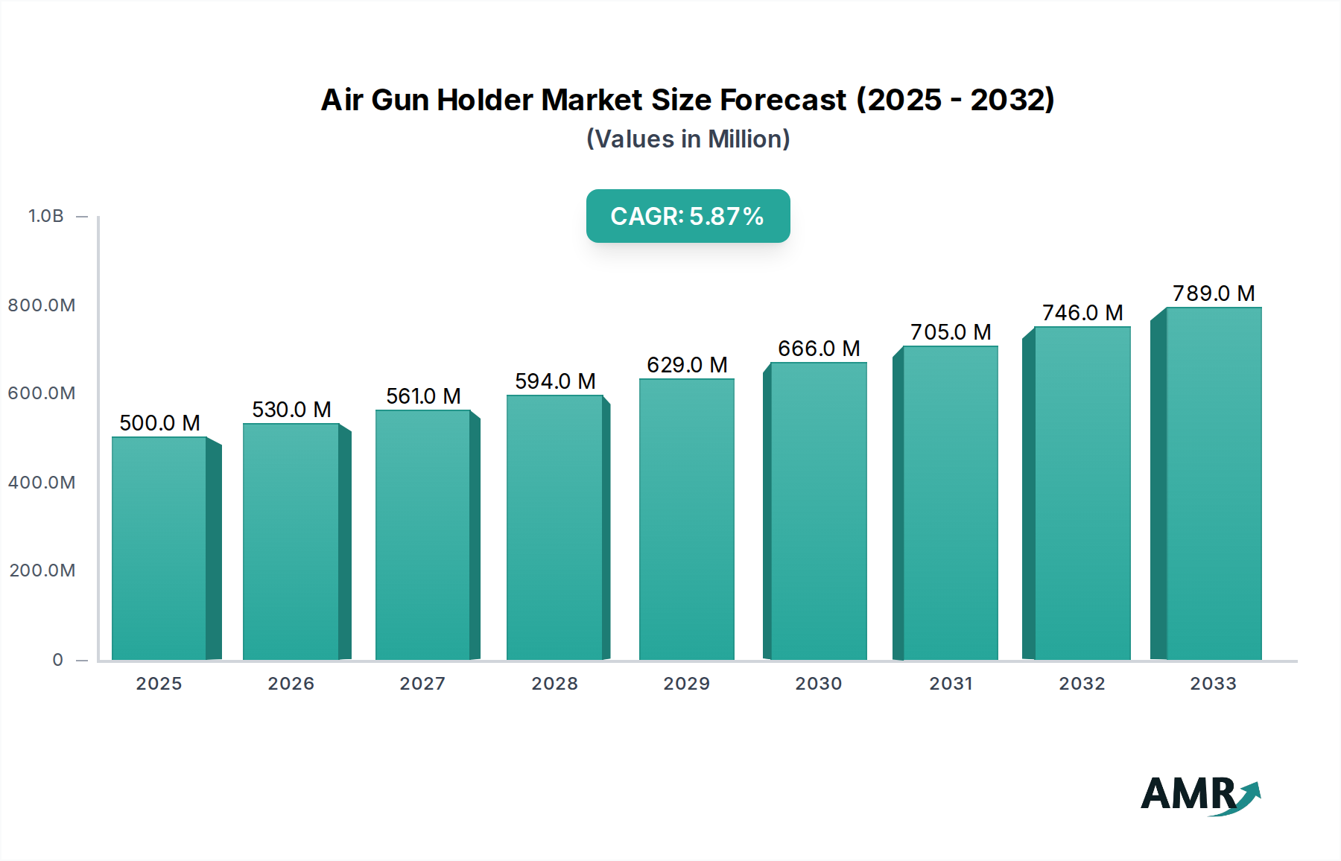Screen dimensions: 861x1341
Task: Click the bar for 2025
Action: (159, 548)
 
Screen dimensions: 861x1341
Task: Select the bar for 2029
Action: (686, 519)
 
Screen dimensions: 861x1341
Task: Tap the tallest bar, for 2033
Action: (1214, 483)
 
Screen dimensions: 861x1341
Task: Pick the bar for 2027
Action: (422, 535)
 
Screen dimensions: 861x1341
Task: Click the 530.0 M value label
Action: (291, 410)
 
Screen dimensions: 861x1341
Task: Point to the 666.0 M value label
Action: (819, 349)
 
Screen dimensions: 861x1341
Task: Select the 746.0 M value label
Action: (1082, 313)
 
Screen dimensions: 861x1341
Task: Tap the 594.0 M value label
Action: (555, 381)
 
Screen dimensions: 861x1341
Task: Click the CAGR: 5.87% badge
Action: (688, 216)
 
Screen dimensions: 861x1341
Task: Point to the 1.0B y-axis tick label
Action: (46, 216)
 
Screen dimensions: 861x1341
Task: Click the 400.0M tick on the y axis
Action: (42, 483)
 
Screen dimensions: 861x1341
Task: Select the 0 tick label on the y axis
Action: (57, 660)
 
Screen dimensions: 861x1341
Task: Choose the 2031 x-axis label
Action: (951, 684)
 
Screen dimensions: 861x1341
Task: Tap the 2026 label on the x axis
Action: (291, 684)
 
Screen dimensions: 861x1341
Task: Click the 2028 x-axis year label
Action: (554, 684)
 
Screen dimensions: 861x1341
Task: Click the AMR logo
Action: (1200, 794)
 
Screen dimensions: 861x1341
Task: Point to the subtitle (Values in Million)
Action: (688, 139)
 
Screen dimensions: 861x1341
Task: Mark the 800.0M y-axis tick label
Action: (42, 305)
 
